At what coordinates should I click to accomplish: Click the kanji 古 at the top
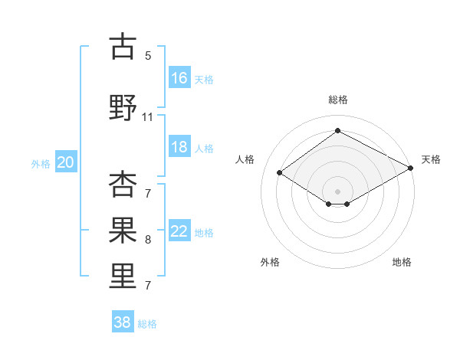[123, 47]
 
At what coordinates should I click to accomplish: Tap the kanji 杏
[123, 186]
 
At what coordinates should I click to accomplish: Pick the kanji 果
[123, 229]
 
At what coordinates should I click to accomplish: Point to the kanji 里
[123, 274]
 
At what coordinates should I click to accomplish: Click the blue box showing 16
[179, 77]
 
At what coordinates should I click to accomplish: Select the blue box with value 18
[179, 147]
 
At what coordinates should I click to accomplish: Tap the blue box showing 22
[179, 231]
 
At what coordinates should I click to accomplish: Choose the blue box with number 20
[66, 162]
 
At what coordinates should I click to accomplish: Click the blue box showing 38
[123, 322]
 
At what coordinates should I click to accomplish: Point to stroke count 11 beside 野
[148, 117]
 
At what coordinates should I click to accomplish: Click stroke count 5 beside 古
[148, 56]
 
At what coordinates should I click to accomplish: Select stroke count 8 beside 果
[148, 240]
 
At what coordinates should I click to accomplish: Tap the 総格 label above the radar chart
[337, 100]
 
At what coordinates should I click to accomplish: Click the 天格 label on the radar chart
[431, 159]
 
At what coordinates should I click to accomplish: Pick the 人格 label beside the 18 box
[204, 148]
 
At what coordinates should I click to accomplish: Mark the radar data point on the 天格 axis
[411, 169]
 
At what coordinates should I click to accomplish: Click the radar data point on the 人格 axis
[280, 173]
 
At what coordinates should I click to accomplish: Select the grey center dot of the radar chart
[337, 190]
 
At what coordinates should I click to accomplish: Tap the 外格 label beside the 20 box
[41, 162]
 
